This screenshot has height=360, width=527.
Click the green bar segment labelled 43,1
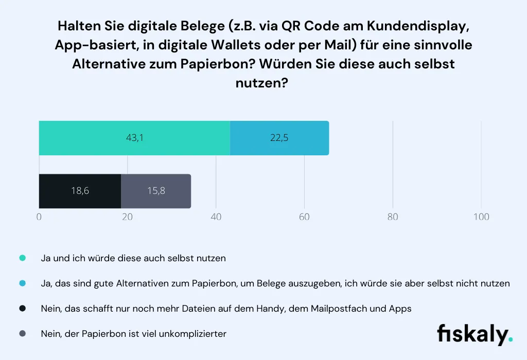(x=134, y=138)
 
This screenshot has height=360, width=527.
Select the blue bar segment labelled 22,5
(x=279, y=138)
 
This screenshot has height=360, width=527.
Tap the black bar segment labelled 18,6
(x=80, y=191)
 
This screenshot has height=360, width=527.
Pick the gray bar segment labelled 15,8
(x=156, y=191)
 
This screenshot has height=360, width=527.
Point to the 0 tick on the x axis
(x=39, y=217)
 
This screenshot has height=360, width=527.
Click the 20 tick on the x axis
(x=127, y=217)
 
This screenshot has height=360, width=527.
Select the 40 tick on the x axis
(x=216, y=217)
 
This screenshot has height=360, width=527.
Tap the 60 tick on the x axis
(x=304, y=217)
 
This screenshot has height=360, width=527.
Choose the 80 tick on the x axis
(x=393, y=217)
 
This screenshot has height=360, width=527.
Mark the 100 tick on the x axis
(x=481, y=217)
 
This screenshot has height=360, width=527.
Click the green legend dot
(x=22, y=258)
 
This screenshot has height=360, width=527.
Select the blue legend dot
(x=22, y=283)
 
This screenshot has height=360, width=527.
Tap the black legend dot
(x=22, y=309)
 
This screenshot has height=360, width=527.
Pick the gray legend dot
(x=22, y=334)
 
